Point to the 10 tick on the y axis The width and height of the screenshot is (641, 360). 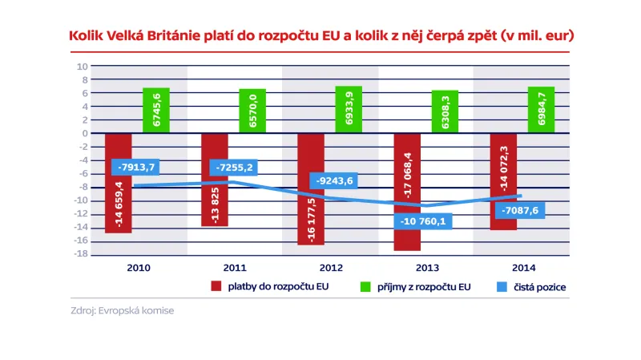(82, 67)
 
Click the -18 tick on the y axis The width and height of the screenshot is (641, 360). (80, 254)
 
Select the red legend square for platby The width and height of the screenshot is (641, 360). (216, 285)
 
